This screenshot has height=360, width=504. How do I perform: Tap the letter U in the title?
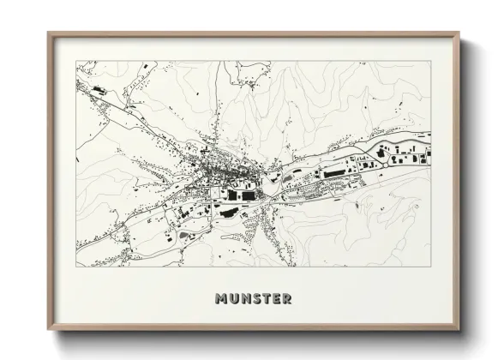(234, 299)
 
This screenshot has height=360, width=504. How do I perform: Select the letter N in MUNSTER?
(245, 299)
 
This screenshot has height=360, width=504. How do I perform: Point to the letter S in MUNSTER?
(255, 299)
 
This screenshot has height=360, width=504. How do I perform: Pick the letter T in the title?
(265, 299)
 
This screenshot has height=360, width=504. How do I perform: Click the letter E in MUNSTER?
(274, 299)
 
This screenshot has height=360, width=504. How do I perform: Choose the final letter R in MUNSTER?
(285, 299)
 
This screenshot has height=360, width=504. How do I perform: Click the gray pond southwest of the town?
(185, 233)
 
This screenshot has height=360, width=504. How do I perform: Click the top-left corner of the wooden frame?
(49, 33)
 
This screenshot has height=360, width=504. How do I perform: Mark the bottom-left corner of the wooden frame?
(49, 329)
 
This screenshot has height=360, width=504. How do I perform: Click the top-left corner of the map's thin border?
(75, 61)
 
